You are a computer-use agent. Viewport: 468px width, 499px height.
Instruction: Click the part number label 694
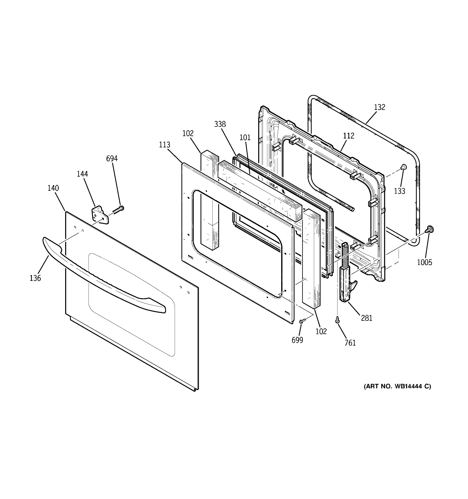click(x=112, y=158)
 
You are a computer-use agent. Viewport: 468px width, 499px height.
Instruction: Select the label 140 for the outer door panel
click(x=53, y=188)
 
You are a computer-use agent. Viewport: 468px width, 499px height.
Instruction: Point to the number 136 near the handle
click(x=35, y=278)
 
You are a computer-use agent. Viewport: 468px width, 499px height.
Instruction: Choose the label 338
click(x=220, y=124)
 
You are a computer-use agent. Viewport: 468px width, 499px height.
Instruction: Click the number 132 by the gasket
click(x=379, y=107)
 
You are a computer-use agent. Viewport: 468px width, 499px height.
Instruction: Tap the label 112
click(x=349, y=136)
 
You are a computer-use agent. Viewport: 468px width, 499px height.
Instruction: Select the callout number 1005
click(x=425, y=262)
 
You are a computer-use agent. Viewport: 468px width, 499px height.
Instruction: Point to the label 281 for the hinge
click(x=366, y=318)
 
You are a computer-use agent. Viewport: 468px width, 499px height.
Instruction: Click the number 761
click(x=350, y=343)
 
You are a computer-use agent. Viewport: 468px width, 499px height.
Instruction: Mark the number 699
click(x=297, y=340)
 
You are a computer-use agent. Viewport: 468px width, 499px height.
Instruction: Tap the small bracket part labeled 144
click(x=100, y=215)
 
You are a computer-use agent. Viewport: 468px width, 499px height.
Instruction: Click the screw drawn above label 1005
click(x=430, y=229)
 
